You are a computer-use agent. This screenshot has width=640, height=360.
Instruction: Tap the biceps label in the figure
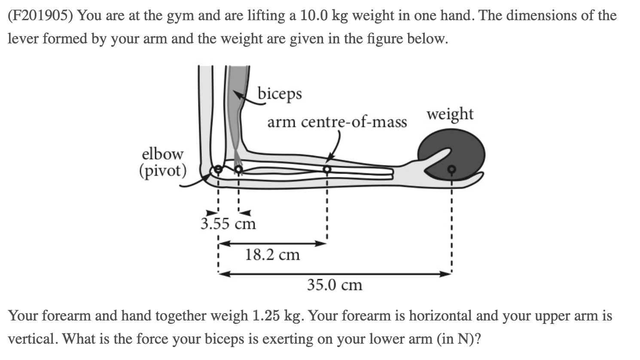pos(280,93)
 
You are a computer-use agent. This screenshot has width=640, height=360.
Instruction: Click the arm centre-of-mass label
pos(337,122)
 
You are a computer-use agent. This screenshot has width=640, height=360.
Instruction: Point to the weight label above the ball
pos(450,114)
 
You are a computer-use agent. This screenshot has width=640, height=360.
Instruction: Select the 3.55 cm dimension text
pos(228,224)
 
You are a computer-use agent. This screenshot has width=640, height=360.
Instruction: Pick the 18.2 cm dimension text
pos(272,255)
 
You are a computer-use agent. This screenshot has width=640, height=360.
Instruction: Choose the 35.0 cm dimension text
pos(335,284)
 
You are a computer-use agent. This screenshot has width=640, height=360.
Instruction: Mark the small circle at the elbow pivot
pos(218,170)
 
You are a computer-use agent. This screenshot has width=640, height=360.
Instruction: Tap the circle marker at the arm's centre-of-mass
pos(327,170)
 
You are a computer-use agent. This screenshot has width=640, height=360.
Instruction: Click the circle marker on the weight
pos(451,170)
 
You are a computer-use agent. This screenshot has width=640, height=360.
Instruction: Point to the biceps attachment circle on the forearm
pos(238,170)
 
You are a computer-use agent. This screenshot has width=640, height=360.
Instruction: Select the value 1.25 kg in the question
pos(278,316)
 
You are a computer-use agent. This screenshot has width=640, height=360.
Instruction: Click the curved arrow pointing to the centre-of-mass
pos(335,146)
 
